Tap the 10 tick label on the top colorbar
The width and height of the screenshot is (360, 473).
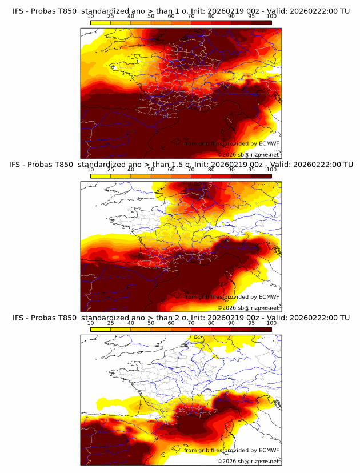[91, 17]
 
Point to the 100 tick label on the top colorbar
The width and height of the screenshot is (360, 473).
[271, 17]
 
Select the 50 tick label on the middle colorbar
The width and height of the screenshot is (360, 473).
[151, 170]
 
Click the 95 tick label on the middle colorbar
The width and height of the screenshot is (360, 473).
[251, 170]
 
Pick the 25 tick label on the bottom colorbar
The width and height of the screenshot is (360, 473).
[111, 323]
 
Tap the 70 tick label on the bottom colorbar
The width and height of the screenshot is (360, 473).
[191, 323]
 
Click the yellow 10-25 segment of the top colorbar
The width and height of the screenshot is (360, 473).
[101, 22]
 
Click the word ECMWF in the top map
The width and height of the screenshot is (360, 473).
[269, 144]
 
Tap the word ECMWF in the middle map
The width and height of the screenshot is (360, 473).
[269, 297]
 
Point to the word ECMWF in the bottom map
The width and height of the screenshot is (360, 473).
[269, 450]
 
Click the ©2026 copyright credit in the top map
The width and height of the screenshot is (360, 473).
[227, 155]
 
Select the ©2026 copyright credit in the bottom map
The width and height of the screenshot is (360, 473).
[227, 462]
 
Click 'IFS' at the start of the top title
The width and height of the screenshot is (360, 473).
[18, 11]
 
